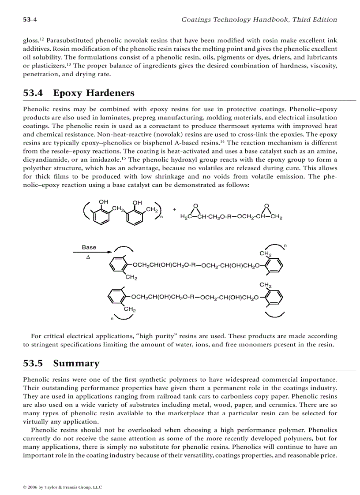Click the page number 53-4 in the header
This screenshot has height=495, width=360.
[x=29, y=19]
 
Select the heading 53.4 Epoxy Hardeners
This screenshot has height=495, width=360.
[x=79, y=93]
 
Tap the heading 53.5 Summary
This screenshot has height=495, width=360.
[x=61, y=363]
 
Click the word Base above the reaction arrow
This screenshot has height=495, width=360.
[x=89, y=247]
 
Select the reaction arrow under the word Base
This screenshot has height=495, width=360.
[x=91, y=252]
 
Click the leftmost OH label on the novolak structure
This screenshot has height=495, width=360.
[x=103, y=202]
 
